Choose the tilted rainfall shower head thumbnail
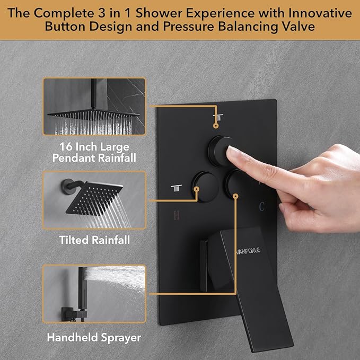pos(94,199)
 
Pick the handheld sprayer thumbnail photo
pos(94,293)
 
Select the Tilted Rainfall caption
pos(94,240)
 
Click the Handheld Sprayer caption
pos(94,337)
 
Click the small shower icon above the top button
pos(216,117)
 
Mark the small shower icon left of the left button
pos(176,187)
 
